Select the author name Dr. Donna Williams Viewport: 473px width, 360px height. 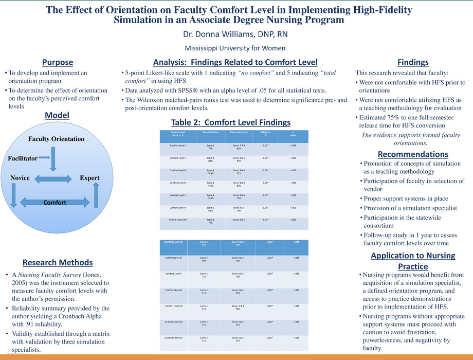tap(236, 35)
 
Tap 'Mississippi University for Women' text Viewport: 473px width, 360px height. tap(236, 48)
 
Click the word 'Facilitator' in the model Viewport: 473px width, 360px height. tap(23, 158)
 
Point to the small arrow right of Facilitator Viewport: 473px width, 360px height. tap(44, 156)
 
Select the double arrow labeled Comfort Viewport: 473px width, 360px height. tap(54, 202)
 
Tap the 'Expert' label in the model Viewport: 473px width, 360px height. tap(89, 178)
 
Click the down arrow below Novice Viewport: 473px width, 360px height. tap(13, 196)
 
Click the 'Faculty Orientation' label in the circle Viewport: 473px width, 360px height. tap(57, 139)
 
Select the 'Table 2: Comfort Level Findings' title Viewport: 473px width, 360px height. tap(231, 122)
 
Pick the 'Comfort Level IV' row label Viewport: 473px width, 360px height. tap(178, 183)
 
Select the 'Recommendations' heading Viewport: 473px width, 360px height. tap(413, 154)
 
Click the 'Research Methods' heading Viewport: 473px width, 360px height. tap(58, 263)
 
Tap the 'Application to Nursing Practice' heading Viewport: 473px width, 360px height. tap(413, 261)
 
